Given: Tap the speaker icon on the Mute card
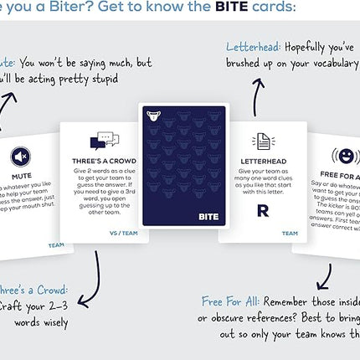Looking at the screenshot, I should point(23,157).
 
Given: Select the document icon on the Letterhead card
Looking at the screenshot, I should point(262,141).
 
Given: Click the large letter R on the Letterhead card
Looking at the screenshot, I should point(262,210).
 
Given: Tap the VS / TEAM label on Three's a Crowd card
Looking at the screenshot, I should point(126,234).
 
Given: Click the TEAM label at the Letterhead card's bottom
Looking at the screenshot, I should point(289,234).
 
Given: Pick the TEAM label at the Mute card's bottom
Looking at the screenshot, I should point(55,245).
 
